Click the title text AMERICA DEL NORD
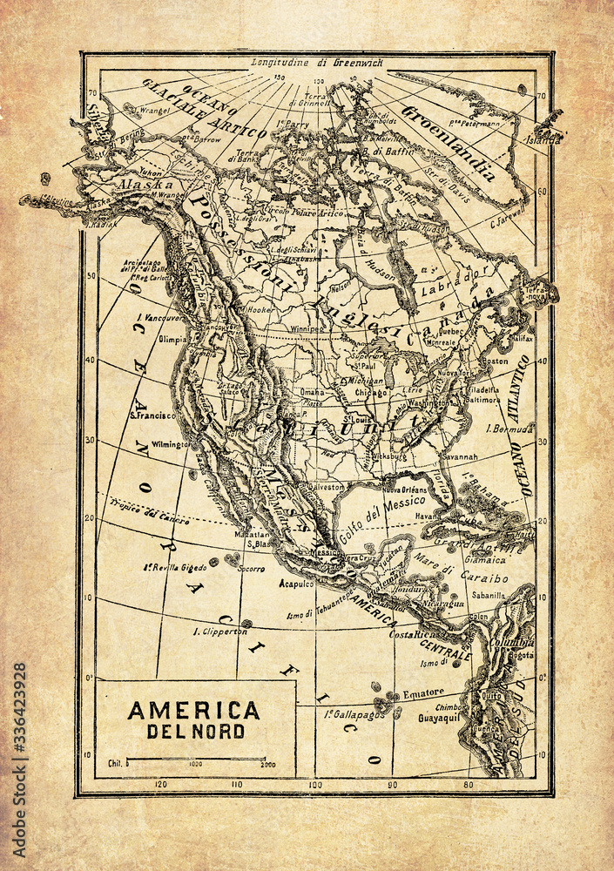click(x=193, y=719)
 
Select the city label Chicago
click(x=370, y=392)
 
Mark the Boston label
click(x=495, y=361)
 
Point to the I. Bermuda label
click(x=510, y=429)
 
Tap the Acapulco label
click(x=296, y=585)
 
